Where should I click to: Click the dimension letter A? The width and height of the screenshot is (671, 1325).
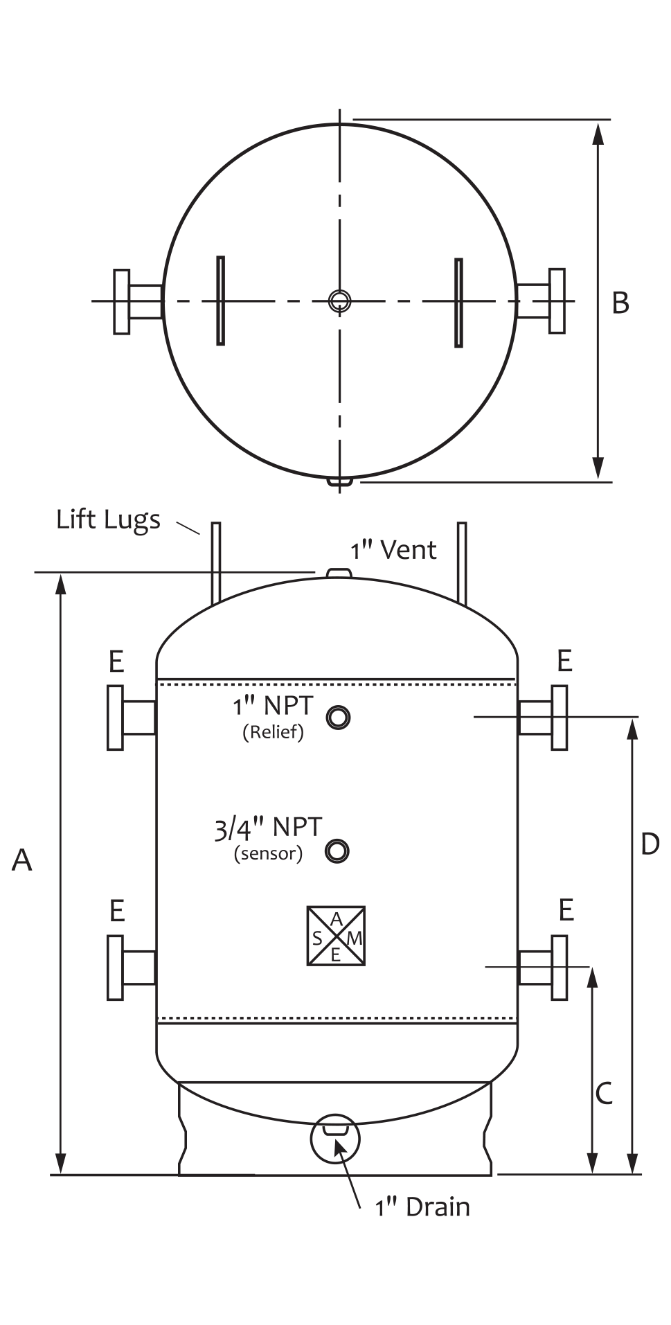(x=22, y=860)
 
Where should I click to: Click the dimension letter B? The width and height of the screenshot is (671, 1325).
(x=620, y=303)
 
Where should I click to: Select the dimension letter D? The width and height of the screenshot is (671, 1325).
(x=650, y=844)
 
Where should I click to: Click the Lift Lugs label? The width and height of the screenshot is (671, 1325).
(x=108, y=519)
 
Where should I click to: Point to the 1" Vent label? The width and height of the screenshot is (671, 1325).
(x=393, y=551)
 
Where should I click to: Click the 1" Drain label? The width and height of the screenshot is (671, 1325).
(x=422, y=1207)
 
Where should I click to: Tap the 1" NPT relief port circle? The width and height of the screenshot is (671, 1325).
(x=339, y=718)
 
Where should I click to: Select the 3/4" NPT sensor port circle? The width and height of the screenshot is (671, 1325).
(x=337, y=851)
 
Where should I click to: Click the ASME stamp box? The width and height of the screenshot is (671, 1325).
(x=336, y=936)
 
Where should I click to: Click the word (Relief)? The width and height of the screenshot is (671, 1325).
(x=273, y=732)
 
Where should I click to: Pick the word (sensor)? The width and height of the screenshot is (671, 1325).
(x=268, y=853)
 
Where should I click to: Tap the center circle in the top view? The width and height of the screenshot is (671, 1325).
(x=339, y=301)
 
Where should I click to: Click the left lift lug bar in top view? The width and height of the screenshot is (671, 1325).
(x=220, y=301)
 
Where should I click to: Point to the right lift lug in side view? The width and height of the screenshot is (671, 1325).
(x=462, y=562)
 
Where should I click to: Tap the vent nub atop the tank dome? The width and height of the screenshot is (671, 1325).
(x=338, y=572)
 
